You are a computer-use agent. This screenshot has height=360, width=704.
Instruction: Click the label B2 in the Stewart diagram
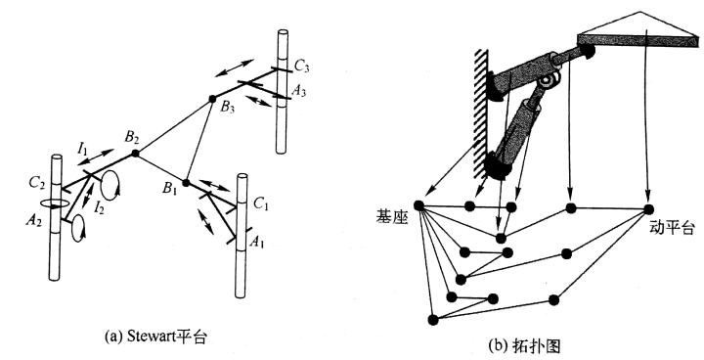pyautogui.click(x=132, y=138)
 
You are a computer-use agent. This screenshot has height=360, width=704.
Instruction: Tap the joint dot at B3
pyautogui.click(x=212, y=99)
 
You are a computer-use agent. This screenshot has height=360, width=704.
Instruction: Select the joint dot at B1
pyautogui.click(x=187, y=183)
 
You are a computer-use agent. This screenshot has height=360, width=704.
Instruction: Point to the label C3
pyautogui.click(x=302, y=67)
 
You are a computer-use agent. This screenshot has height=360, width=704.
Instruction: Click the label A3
pyautogui.click(x=299, y=91)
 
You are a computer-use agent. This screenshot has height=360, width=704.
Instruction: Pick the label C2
pyautogui.click(x=37, y=183)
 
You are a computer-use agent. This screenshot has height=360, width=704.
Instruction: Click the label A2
pyautogui.click(x=34, y=221)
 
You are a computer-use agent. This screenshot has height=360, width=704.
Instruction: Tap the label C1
pyautogui.click(x=260, y=204)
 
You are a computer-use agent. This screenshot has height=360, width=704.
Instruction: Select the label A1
pyautogui.click(x=257, y=243)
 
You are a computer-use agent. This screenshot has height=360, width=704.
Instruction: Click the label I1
pyautogui.click(x=82, y=149)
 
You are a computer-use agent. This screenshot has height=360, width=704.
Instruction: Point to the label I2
pyautogui.click(x=99, y=207)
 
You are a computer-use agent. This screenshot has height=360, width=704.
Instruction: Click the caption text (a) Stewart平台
pyautogui.click(x=155, y=337)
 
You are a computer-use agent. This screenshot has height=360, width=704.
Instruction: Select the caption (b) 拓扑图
pyautogui.click(x=524, y=346)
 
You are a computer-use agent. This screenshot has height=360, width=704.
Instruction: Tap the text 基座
pyautogui.click(x=392, y=217)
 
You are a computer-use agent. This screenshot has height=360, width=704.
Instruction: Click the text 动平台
pyautogui.click(x=671, y=228)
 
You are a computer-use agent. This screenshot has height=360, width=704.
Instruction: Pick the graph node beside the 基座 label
pyautogui.click(x=418, y=205)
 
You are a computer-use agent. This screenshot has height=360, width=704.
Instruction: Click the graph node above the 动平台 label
pyautogui.click(x=648, y=209)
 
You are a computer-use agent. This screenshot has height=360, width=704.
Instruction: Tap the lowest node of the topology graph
pyautogui.click(x=433, y=320)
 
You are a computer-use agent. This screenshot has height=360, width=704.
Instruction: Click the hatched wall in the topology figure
pyautogui.click(x=481, y=112)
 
